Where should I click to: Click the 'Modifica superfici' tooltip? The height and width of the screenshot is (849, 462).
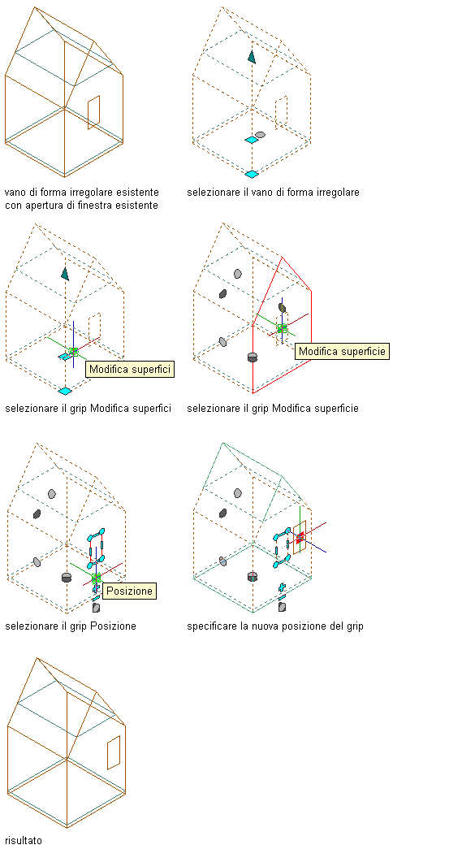(x=130, y=370)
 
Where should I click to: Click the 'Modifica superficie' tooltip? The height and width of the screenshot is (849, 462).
(x=343, y=351)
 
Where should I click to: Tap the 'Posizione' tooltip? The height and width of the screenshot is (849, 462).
(x=129, y=591)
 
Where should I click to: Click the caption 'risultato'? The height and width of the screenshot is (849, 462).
(x=24, y=840)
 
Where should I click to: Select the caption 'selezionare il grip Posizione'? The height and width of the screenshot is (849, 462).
(x=71, y=626)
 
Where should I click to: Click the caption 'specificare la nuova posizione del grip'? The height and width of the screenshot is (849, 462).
(x=274, y=626)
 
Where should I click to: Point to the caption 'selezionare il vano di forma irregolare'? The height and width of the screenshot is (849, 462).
(x=273, y=192)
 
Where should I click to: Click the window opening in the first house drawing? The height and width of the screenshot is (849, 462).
(x=94, y=113)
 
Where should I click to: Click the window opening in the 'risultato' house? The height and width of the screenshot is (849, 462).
(x=113, y=752)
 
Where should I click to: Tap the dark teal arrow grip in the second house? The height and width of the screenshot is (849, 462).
(x=252, y=56)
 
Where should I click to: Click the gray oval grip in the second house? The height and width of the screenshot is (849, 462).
(x=260, y=134)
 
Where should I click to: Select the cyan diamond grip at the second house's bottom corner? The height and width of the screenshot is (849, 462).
(x=251, y=174)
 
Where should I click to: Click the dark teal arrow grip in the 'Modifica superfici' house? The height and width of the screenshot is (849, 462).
(x=65, y=274)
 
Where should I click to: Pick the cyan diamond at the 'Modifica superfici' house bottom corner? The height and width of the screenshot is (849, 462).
(x=65, y=391)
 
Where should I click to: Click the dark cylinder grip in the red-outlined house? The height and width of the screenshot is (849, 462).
(x=252, y=357)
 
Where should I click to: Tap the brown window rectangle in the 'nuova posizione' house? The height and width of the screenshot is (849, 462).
(x=300, y=537)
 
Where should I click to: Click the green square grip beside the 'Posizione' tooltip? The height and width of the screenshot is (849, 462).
(x=97, y=578)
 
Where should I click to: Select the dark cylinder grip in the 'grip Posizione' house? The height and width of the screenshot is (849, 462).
(x=67, y=577)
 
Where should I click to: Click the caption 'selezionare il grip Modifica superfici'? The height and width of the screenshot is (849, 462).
(x=89, y=409)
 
